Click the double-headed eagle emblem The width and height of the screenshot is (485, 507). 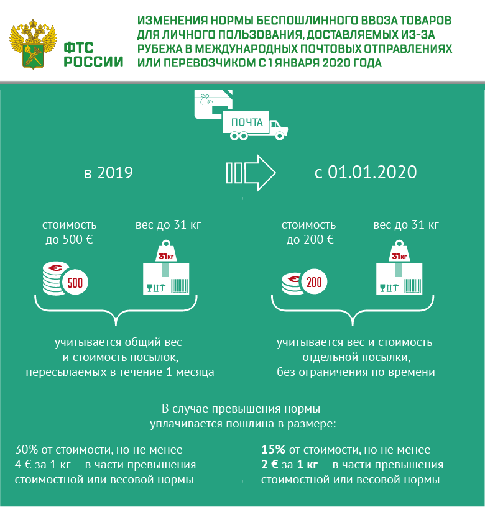34,43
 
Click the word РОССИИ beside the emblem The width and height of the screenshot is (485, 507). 93,62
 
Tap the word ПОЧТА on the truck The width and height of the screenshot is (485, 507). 247,122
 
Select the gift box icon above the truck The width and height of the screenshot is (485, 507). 213,104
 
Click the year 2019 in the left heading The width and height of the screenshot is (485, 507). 115,173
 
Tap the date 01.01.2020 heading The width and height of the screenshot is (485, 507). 372,172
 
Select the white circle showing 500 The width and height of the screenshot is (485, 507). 75,283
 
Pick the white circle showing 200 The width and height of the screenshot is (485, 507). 314,282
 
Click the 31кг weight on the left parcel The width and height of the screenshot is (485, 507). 166,251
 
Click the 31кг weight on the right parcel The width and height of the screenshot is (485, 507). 399,251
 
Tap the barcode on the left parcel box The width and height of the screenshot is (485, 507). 179,286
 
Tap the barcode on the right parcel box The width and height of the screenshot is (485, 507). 412,286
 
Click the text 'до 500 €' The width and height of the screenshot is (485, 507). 69,240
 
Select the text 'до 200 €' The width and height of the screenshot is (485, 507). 310,240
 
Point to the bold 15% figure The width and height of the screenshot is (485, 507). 274,449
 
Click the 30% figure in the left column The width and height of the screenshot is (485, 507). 27,449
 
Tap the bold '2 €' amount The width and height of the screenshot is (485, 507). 270,465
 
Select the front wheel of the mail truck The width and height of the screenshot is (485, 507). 280,136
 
